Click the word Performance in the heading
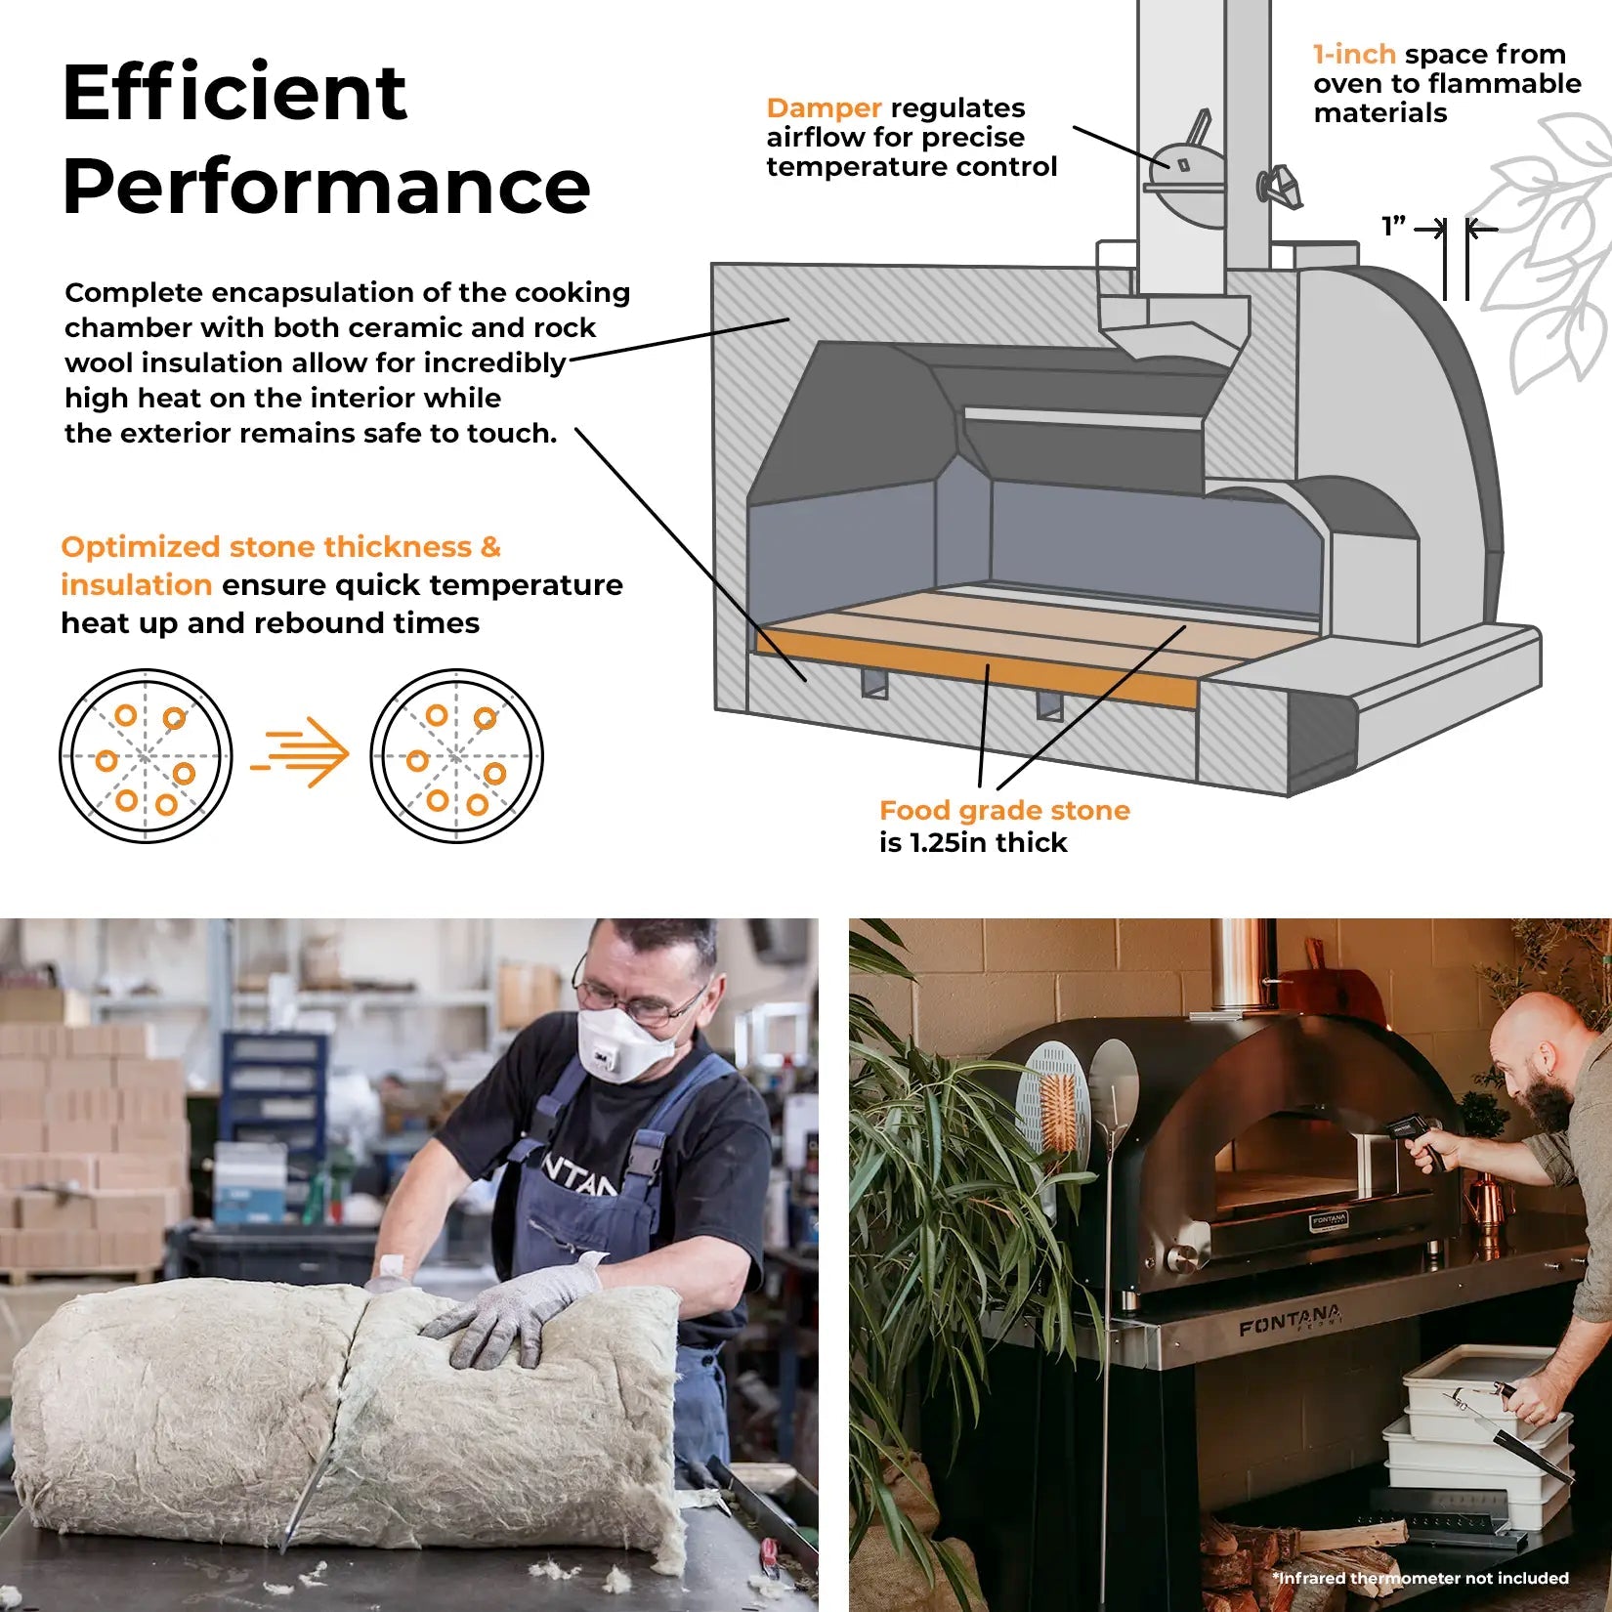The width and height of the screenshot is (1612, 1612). [x=326, y=187]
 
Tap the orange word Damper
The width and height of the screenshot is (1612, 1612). [x=824, y=107]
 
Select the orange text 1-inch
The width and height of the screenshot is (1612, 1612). [x=1354, y=54]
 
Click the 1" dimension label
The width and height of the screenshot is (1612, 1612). [x=1393, y=227]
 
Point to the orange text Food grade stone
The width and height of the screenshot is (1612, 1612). [x=1004, y=810]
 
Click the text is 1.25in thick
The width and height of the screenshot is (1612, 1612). [x=973, y=842]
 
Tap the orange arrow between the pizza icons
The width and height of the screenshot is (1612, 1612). [x=300, y=752]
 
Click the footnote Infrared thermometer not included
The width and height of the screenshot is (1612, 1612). [x=1421, y=1578]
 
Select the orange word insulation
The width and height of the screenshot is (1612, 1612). [x=137, y=584]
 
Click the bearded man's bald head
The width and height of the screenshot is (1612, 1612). [x=1544, y=1026]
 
